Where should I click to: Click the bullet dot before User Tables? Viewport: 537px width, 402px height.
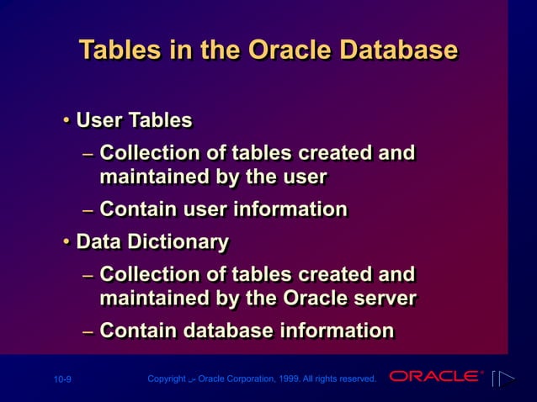[66, 121]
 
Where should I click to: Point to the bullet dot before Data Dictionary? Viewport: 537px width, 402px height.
[66, 243]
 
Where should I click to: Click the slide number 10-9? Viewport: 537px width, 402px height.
[62, 380]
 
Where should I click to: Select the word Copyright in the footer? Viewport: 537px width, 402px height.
[167, 379]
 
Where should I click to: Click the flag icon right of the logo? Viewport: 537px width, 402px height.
[502, 378]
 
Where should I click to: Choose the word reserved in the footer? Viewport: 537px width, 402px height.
[355, 379]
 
